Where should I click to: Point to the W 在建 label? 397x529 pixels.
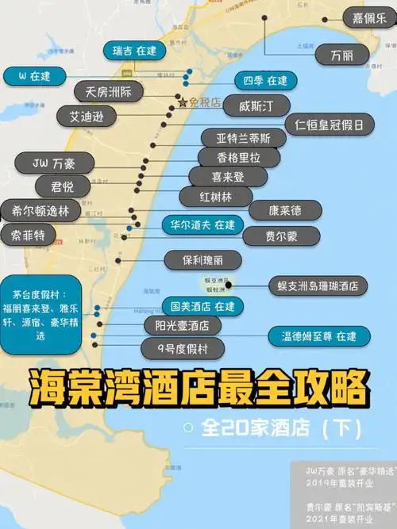click(x=34, y=76)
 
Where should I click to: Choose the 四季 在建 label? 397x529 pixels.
click(x=265, y=80)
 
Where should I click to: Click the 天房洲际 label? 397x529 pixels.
click(x=108, y=92)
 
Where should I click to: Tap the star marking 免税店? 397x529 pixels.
click(x=182, y=103)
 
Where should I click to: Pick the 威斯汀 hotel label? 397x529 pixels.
click(x=249, y=105)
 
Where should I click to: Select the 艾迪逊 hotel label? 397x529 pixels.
click(x=87, y=116)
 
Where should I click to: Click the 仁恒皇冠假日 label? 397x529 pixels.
click(x=330, y=125)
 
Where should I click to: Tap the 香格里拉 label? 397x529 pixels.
click(x=227, y=157)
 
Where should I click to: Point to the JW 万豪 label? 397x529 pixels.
click(x=60, y=164)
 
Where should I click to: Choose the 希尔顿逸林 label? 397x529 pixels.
click(x=40, y=210)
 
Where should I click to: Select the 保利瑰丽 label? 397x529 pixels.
click(x=203, y=259)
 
